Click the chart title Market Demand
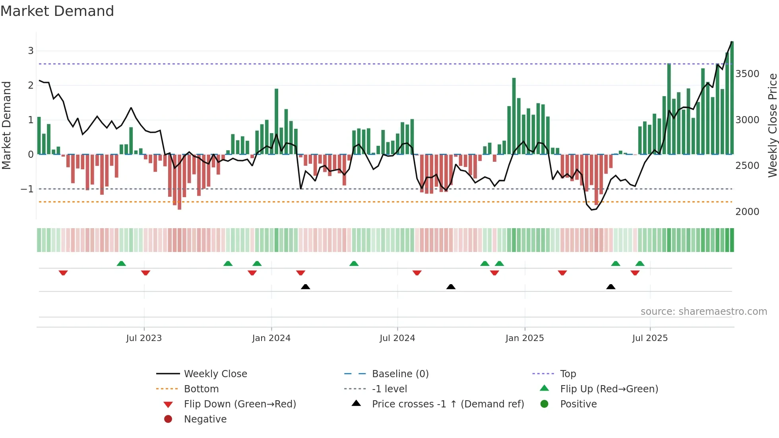[57, 11]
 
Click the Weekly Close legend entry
[215, 374]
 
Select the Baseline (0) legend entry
[400, 374]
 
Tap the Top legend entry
[568, 374]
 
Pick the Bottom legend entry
[201, 389]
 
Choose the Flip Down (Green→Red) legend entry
[240, 404]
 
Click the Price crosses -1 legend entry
[448, 404]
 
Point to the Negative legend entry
[205, 419]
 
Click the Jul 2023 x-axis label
[144, 338]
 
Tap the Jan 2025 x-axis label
[524, 338]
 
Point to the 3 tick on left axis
[31, 50]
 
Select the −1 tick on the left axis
[27, 189]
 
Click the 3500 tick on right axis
[747, 74]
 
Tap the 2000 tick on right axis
[747, 211]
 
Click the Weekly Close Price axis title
[772, 125]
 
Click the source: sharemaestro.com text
[703, 311]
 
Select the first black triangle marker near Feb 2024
[305, 287]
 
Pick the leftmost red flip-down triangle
[63, 273]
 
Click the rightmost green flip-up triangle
[639, 264]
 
